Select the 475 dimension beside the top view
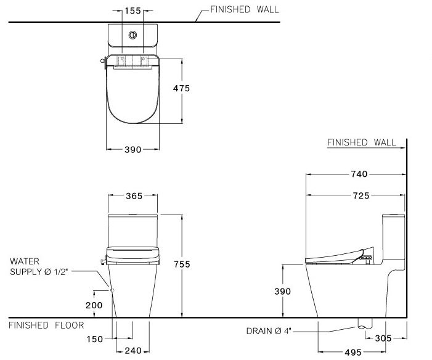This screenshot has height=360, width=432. (x=181, y=88)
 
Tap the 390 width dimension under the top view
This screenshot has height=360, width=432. (x=133, y=149)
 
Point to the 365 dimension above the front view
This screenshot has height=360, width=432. (x=134, y=196)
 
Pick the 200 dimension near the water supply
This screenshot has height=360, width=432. (x=94, y=305)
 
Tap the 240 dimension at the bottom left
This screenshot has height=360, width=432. (x=134, y=351)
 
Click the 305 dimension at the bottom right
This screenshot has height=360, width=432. (x=383, y=338)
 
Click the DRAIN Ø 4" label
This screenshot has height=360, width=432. (x=269, y=332)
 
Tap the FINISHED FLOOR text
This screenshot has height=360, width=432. (x=46, y=325)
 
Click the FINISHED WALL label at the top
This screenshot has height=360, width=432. (x=244, y=10)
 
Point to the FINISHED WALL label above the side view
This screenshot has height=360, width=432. (x=362, y=142)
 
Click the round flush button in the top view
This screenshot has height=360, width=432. (x=131, y=35)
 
